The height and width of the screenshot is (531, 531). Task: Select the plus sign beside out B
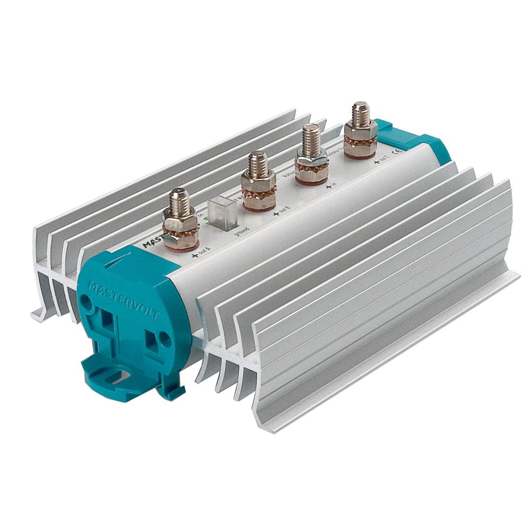click(275, 213)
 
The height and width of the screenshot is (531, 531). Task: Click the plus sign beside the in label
click(328, 185)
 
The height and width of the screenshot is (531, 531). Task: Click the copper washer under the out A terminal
click(181, 239)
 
